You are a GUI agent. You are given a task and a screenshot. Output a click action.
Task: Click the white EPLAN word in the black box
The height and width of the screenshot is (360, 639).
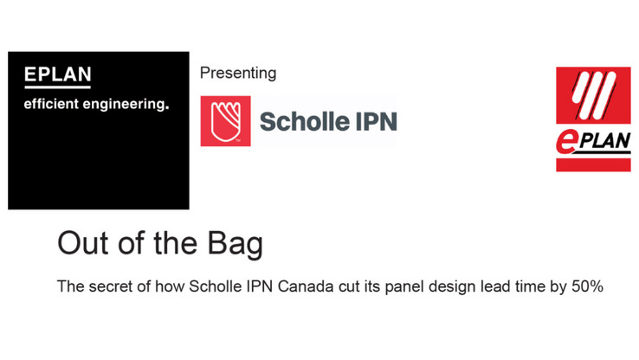coord(57,74)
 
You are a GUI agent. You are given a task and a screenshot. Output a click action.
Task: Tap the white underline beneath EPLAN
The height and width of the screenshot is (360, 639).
coord(57,87)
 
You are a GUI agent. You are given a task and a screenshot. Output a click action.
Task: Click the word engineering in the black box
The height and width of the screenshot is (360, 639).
coord(126,105)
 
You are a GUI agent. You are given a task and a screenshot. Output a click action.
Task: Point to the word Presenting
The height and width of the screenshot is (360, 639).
coord(238,74)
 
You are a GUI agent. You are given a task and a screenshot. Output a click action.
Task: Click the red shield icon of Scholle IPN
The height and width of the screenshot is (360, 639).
coord(225,121)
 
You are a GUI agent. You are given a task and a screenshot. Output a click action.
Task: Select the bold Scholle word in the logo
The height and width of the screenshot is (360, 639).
coord(305,121)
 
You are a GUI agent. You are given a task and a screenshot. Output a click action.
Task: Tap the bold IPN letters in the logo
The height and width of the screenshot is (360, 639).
coord(376,122)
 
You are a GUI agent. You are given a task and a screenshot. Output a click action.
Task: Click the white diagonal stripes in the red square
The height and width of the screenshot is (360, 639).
coord(593,95)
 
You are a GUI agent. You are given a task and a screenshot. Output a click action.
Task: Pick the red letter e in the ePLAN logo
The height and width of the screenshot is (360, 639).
coord(565,143)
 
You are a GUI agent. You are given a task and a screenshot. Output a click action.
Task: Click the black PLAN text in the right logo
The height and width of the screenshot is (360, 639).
coord(604,141)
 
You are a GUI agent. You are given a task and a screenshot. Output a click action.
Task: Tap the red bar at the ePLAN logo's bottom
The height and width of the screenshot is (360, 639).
coord(593,165)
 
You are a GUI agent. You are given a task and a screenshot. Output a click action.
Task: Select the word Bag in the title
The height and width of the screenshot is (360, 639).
coord(236,245)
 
